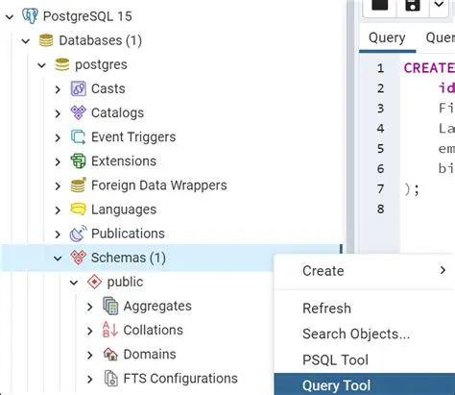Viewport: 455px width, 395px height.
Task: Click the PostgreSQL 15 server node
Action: coord(89,16)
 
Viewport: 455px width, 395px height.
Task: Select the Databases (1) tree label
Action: coord(101,40)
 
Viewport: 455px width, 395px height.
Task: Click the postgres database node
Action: coord(102,64)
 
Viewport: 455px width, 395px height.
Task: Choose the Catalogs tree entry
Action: coord(117,112)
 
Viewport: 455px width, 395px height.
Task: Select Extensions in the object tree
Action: coord(123,160)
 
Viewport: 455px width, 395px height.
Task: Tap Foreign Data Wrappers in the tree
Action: coord(158,185)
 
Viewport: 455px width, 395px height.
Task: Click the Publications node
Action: coord(128,233)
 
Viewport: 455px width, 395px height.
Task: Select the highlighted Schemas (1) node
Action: coord(128,258)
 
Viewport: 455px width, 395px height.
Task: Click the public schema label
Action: coord(125,282)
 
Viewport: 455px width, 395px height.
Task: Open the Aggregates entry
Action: coord(157,306)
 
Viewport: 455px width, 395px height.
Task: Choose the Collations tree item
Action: coord(153,330)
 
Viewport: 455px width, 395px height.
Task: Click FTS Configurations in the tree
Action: coord(180,378)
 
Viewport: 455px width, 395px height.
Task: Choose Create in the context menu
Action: coord(323,271)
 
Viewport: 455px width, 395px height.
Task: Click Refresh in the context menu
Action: coord(326,309)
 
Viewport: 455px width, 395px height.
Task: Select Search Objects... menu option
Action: coord(356,333)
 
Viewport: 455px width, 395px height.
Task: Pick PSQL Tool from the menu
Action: coord(335,358)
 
